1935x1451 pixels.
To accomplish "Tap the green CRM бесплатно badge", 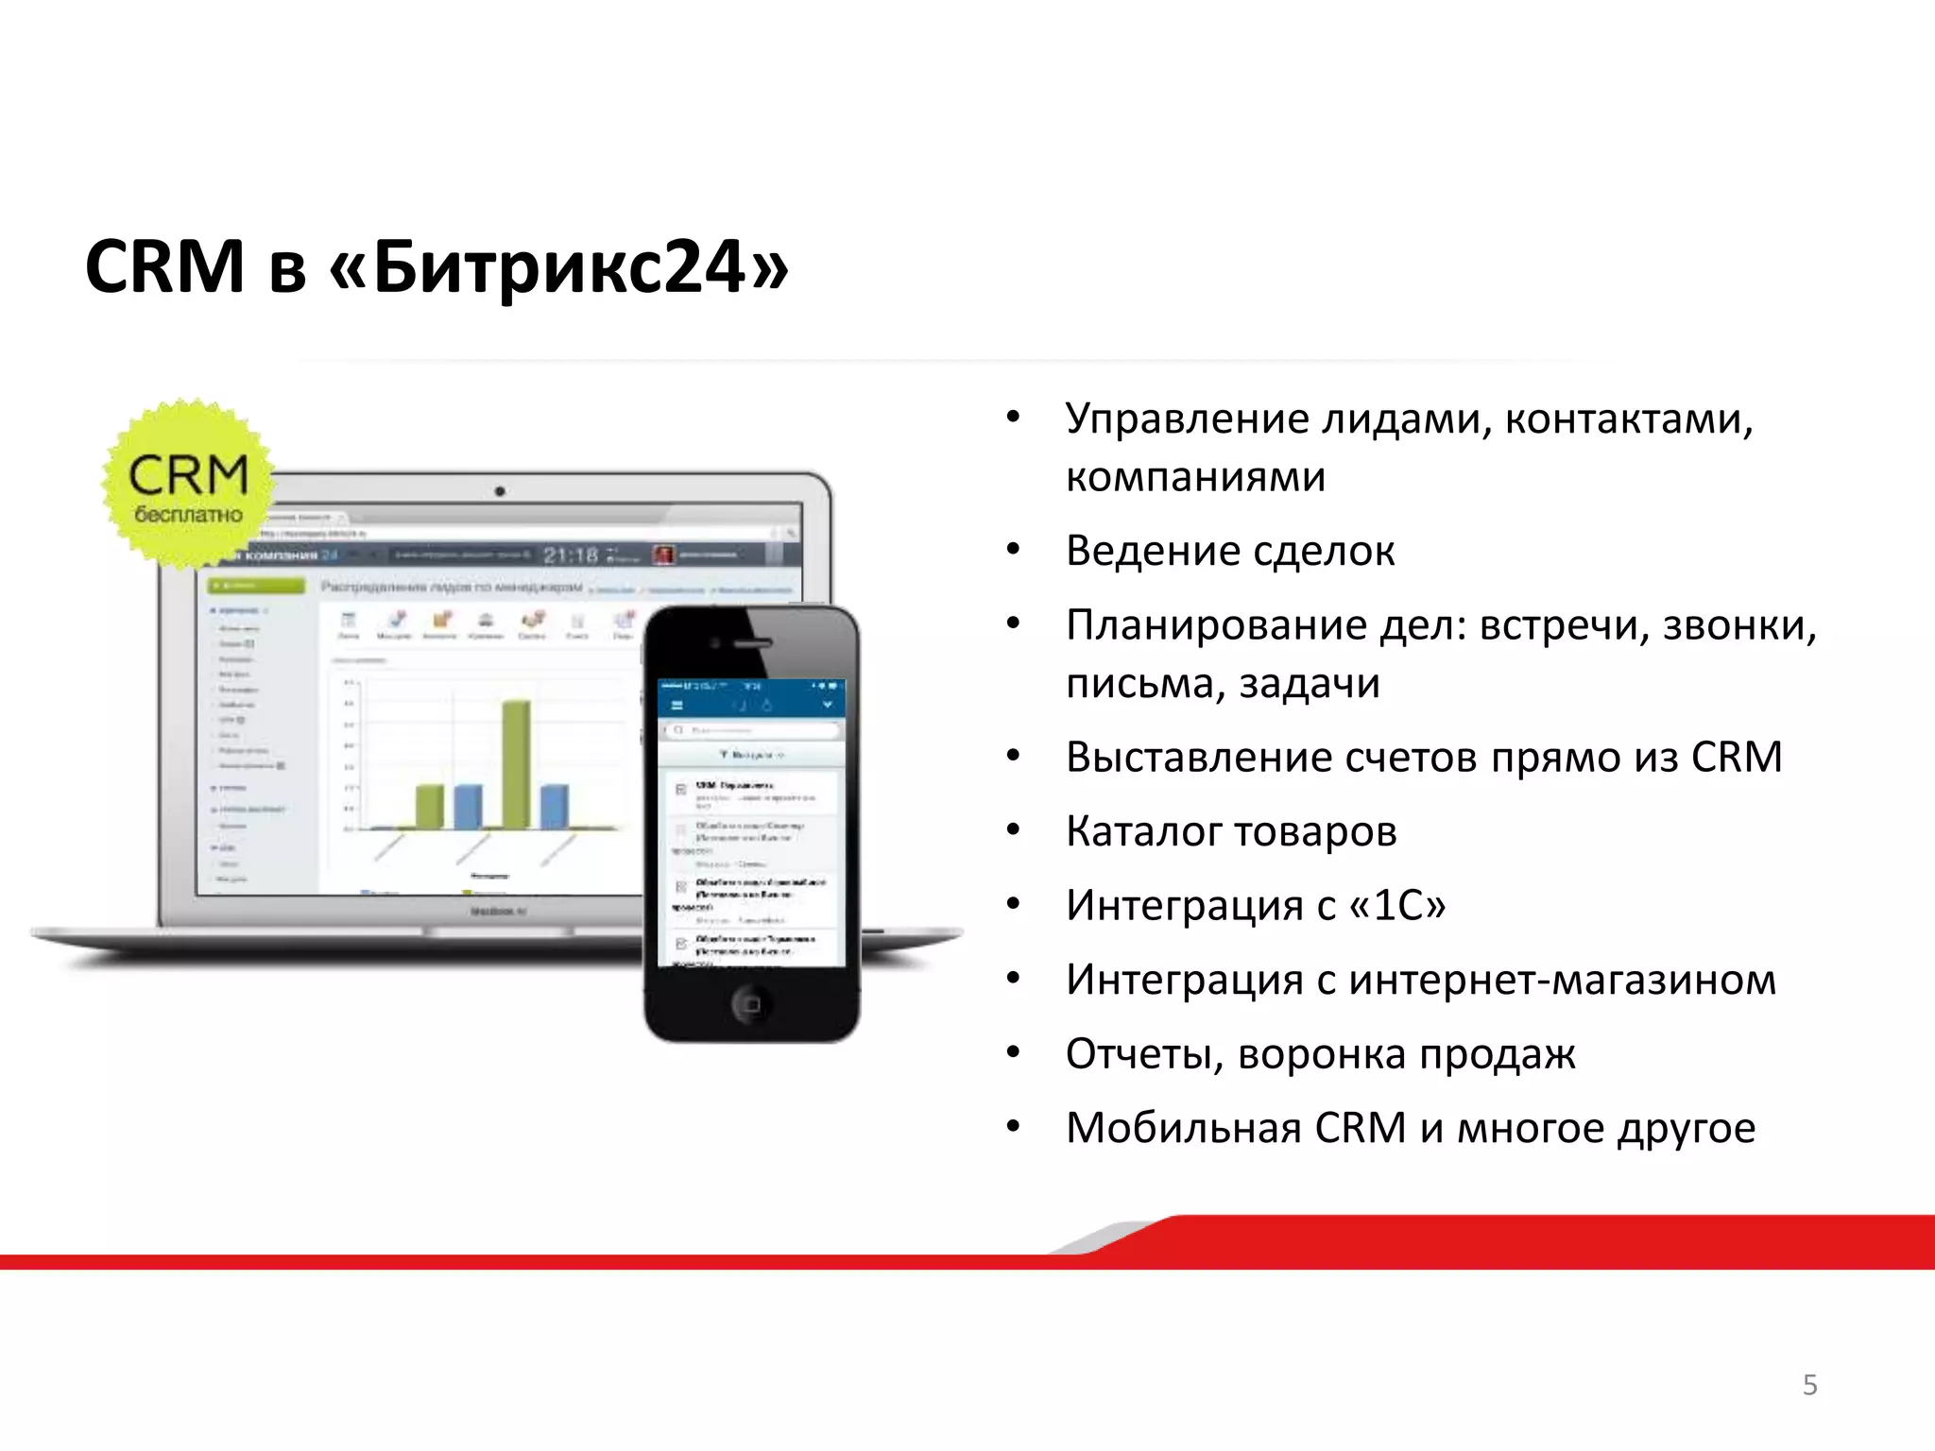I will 189,484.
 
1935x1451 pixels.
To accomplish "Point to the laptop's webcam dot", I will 500,491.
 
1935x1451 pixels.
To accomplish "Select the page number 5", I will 1809,1385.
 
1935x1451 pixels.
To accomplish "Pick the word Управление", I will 1186,419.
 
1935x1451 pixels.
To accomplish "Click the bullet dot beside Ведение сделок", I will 1014,550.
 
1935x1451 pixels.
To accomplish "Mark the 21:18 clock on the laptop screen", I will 571,555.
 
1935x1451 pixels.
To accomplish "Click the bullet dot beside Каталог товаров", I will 1014,830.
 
